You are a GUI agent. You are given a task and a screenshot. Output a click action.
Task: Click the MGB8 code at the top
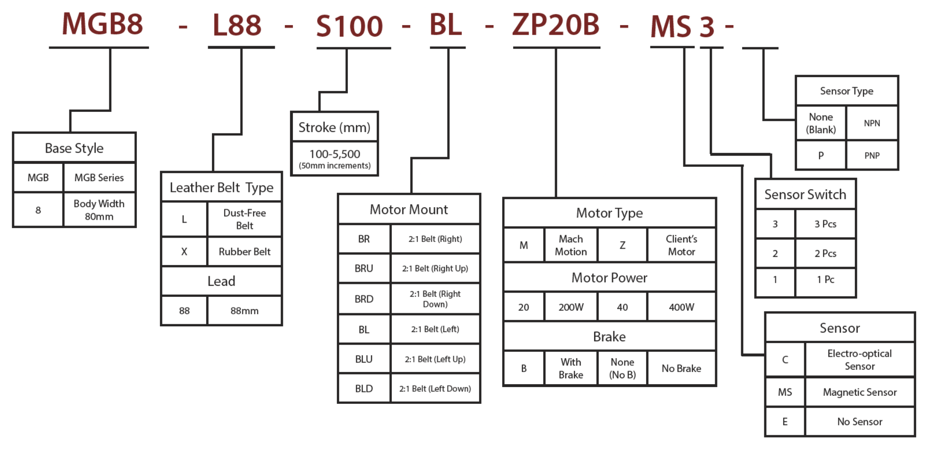pos(103,24)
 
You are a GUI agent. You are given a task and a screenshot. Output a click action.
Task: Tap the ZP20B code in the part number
pos(556,25)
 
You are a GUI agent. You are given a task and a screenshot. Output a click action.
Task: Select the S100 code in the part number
pos(349,27)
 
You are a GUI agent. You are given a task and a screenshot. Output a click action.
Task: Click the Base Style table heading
pos(74,148)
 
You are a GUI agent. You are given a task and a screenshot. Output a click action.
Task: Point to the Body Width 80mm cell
pos(99,210)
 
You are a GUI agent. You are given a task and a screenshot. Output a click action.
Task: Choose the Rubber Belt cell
pos(244,252)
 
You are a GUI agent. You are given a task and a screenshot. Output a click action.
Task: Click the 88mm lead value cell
pos(244,311)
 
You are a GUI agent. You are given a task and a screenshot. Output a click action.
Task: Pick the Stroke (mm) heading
pos(334,127)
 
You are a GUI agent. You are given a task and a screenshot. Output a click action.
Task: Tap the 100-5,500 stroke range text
pos(334,154)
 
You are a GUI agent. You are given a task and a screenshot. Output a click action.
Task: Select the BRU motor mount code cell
pos(364,268)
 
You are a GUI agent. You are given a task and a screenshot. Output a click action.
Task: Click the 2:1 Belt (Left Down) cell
pos(435,388)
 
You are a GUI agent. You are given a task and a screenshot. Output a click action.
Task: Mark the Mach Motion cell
pos(571,245)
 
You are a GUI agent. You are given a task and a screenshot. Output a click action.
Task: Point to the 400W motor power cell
pos(681,307)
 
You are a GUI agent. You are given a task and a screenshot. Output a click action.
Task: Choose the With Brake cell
pos(571,368)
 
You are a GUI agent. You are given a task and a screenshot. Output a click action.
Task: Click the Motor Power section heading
pos(609,278)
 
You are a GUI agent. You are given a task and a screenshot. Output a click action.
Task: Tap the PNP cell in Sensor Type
pos(872,156)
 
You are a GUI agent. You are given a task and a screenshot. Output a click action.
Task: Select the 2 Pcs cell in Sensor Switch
pos(825,254)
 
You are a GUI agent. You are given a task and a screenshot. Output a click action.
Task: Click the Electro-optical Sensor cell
pos(859,360)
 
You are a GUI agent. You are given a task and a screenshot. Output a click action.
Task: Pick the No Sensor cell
pos(859,422)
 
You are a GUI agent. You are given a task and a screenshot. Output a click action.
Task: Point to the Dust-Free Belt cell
pos(244,219)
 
